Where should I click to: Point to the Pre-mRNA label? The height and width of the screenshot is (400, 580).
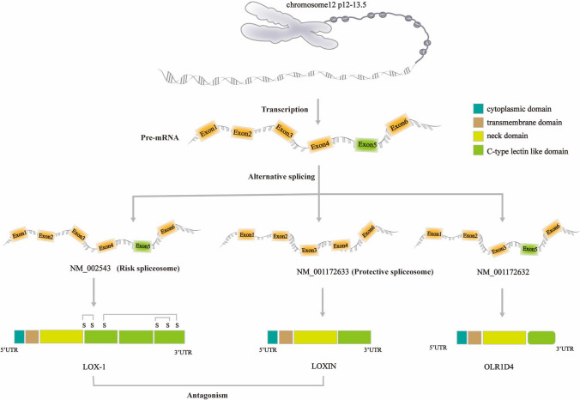pos(158,136)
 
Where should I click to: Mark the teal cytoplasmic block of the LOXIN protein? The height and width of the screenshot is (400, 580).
pos(273,337)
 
